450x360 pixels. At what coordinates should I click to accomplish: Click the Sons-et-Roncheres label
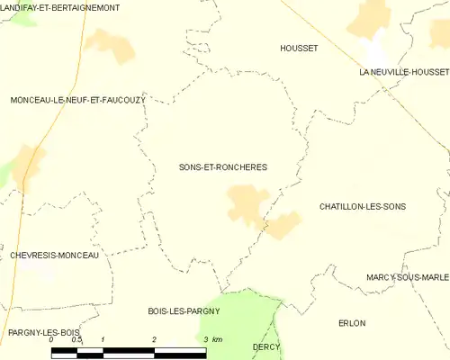coord(223,167)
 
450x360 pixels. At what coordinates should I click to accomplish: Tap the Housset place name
coord(299,49)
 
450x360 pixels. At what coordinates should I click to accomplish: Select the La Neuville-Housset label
coord(403,71)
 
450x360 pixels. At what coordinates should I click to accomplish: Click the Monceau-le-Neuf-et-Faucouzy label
coord(77,100)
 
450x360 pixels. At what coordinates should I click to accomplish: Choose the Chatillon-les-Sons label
coord(363,206)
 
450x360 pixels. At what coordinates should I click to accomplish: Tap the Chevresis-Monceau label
coord(55,255)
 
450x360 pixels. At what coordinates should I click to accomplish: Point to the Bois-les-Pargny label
coord(184,310)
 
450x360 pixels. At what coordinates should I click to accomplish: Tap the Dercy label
coord(266,346)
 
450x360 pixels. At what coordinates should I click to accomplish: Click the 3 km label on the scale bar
coord(212,338)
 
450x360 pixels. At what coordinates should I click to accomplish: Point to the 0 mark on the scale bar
coord(52,338)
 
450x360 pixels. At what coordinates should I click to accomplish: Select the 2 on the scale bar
coord(155,338)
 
